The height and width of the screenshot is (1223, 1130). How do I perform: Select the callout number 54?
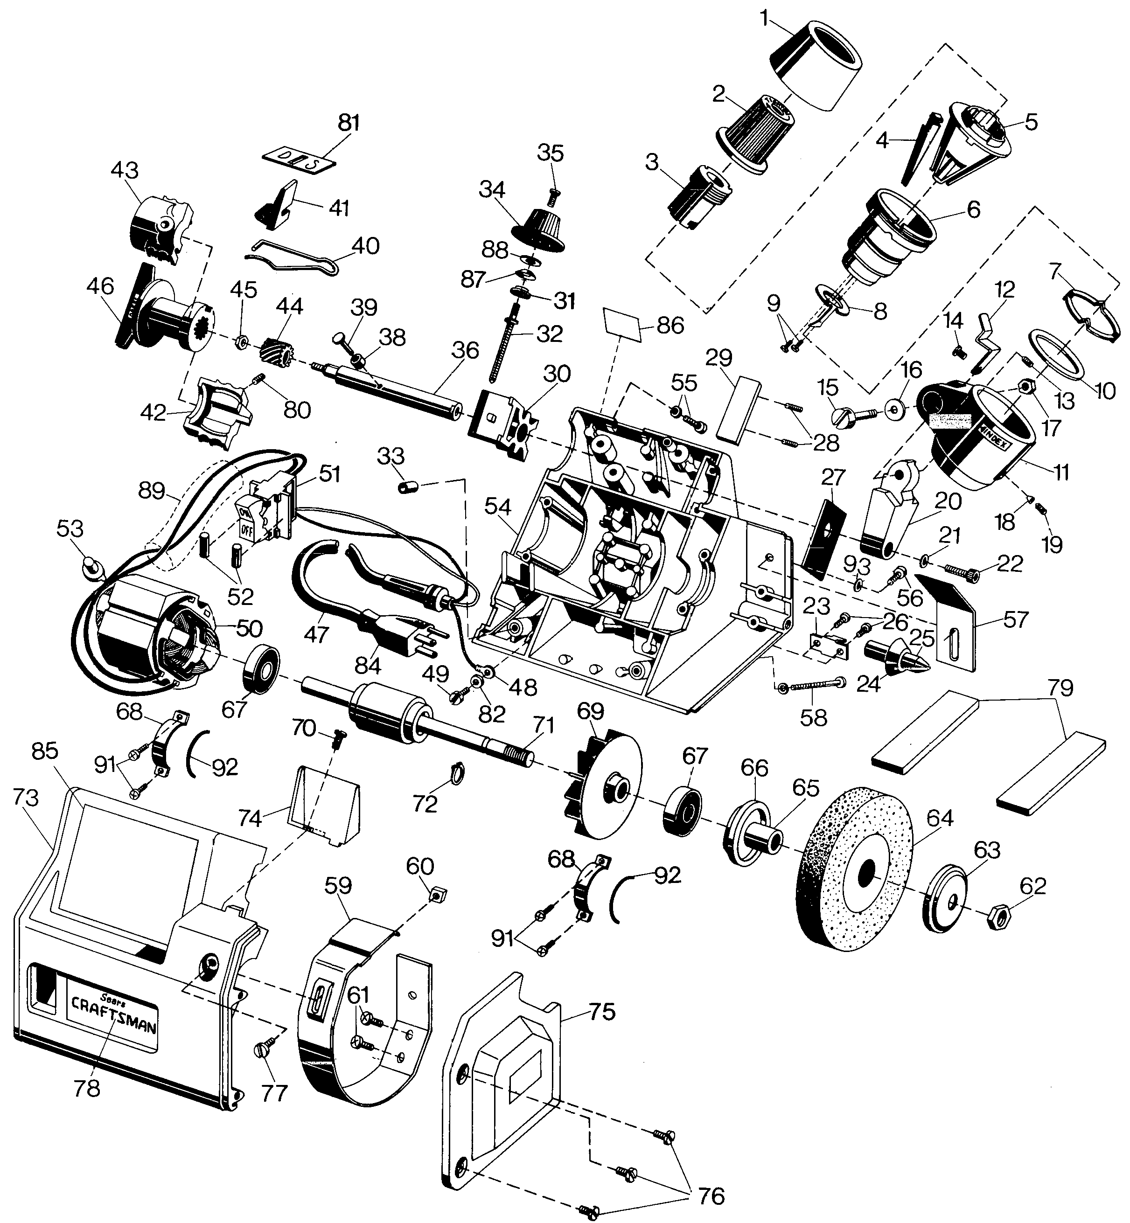[498, 506]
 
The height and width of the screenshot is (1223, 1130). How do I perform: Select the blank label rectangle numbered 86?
[624, 325]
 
